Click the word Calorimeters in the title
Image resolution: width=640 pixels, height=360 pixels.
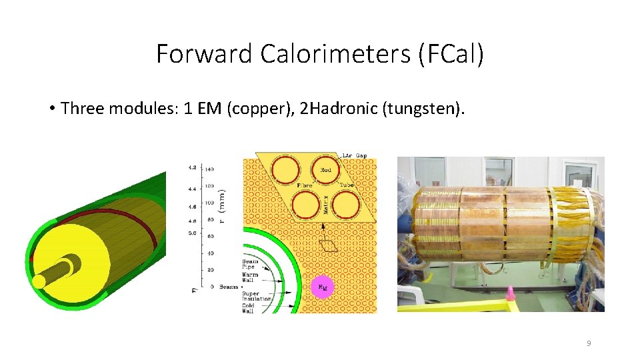pyautogui.click(x=335, y=53)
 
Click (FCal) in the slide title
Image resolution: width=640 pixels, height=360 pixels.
pyautogui.click(x=451, y=53)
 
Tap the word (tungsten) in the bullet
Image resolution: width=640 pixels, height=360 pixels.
pyautogui.click(x=422, y=108)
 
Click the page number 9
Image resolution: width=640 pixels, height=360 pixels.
pyautogui.click(x=589, y=343)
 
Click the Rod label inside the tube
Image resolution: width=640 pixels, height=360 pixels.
pyautogui.click(x=326, y=169)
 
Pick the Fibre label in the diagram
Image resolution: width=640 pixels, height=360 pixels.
pyautogui.click(x=304, y=184)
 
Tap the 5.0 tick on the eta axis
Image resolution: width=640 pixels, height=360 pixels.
pyautogui.click(x=193, y=233)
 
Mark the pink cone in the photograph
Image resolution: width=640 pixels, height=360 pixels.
pyautogui.click(x=511, y=293)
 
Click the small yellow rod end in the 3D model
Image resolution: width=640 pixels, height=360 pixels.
pyautogui.click(x=39, y=282)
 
